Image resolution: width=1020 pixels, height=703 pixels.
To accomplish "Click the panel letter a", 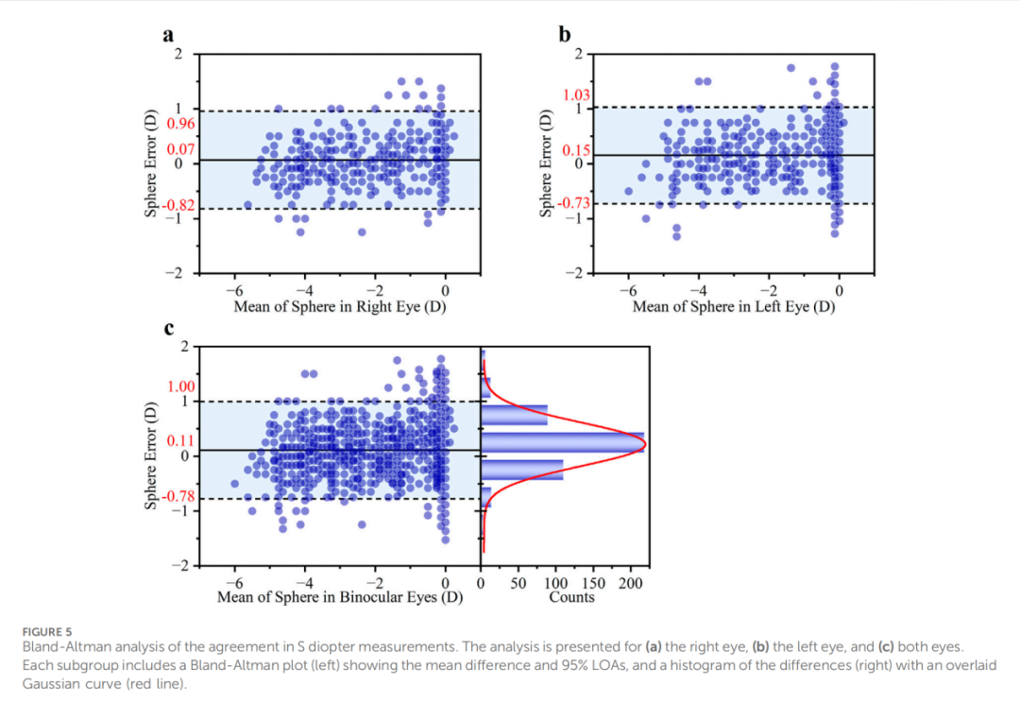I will point(168,35).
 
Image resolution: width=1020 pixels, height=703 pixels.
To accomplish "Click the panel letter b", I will point(565,35).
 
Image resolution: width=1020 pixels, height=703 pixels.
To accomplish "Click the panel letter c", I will point(168,329).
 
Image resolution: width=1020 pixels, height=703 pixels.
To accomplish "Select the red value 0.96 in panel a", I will point(180,123).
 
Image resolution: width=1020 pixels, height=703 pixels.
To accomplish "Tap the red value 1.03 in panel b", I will point(575,95).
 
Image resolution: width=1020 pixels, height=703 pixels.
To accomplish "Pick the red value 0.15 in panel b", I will point(575,150).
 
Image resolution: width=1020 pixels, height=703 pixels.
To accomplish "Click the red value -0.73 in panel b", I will point(574,203).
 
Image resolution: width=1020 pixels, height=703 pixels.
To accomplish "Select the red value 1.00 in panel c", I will point(180,386).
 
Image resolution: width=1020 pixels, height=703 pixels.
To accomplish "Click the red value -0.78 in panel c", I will point(179,496).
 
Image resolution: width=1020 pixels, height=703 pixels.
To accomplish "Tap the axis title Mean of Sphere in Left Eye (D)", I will point(734,307).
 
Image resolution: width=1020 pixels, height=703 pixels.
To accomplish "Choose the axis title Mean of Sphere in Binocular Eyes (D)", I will point(340,597).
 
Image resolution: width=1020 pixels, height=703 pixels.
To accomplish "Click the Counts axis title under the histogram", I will point(572,597).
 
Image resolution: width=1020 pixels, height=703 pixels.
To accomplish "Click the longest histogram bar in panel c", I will point(563,441).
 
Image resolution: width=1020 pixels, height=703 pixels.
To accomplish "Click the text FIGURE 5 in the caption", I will point(46,630).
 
